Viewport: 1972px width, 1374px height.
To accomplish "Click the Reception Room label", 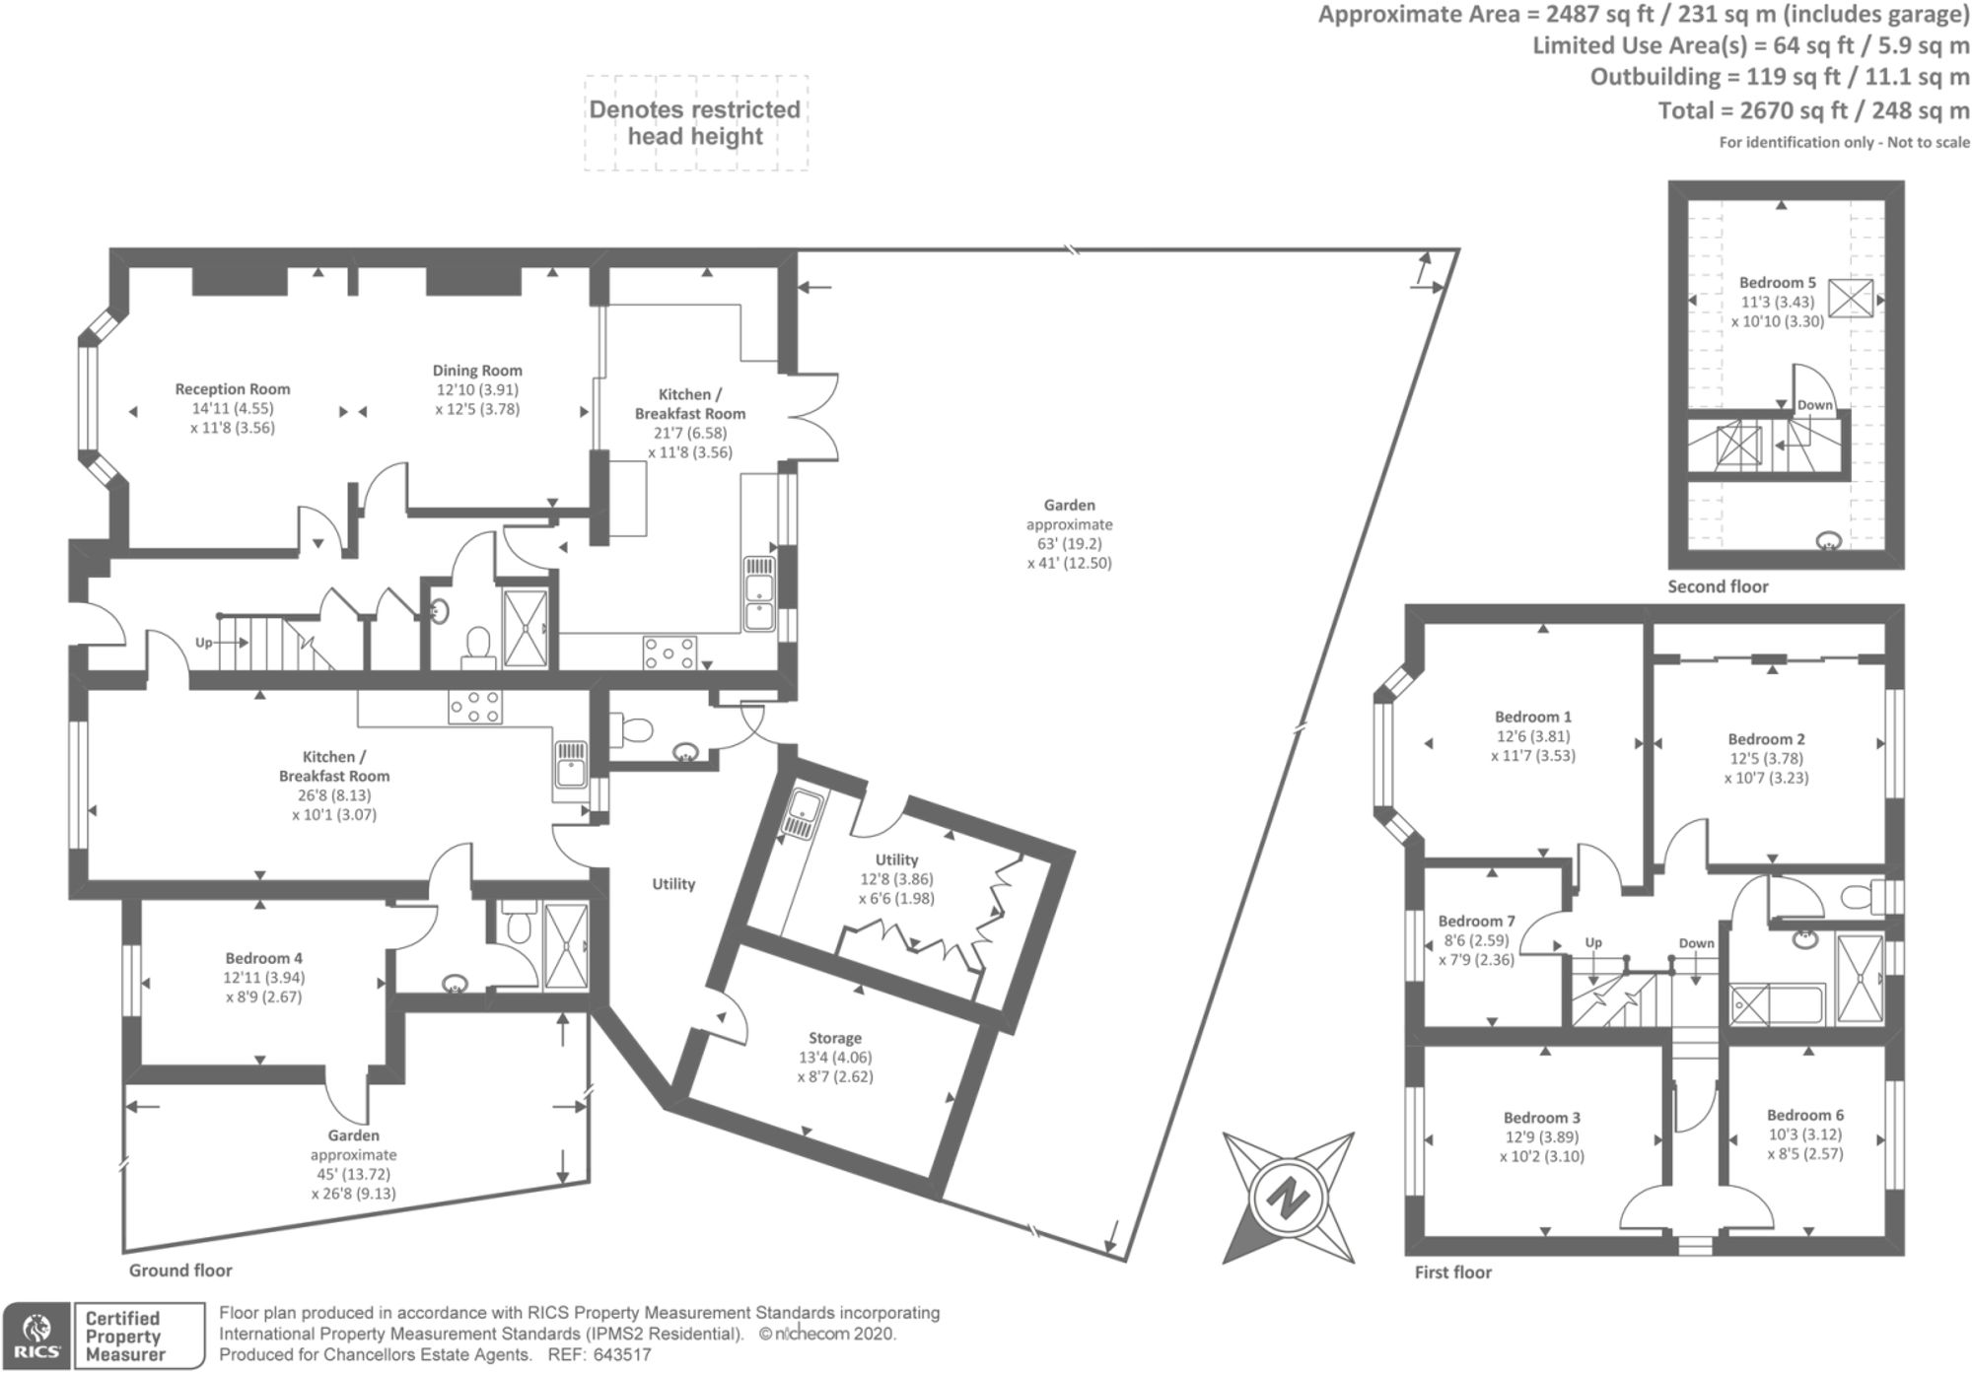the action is (x=233, y=389).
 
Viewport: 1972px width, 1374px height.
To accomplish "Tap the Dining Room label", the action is (x=477, y=371).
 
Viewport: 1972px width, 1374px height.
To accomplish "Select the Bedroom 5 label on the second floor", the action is (x=1778, y=283).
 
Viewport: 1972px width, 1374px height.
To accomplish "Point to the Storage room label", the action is (x=835, y=1038).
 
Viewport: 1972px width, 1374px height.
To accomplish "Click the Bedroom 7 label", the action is (x=1477, y=922).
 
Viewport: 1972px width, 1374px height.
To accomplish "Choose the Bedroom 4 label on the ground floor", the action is (x=263, y=958).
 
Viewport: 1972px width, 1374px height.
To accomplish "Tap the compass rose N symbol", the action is (x=1287, y=1198).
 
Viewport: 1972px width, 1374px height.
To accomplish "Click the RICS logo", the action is (x=35, y=1336).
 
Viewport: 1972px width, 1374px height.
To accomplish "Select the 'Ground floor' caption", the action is (x=180, y=1271).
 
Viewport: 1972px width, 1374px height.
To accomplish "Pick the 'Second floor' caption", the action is (x=1718, y=586).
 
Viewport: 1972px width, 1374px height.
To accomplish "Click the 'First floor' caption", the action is (x=1453, y=1272).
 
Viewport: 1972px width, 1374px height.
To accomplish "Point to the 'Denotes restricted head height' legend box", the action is (x=696, y=123).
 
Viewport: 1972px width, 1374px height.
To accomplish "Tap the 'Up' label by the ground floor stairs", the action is (x=203, y=643).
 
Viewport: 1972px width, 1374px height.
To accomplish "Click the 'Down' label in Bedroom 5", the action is (x=1815, y=405).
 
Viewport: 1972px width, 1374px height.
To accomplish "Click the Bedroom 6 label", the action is (x=1805, y=1116).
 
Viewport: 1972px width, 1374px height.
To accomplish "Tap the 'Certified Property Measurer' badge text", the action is (x=123, y=1337).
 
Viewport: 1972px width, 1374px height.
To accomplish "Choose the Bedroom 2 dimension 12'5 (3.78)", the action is (x=1766, y=759).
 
